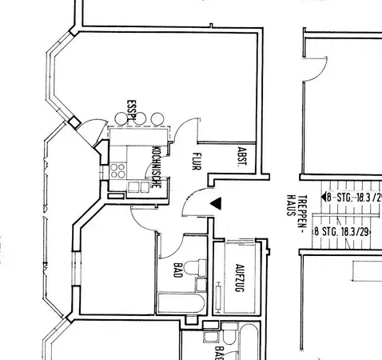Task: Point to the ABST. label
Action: [x=241, y=156]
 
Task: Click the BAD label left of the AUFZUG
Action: [x=177, y=270]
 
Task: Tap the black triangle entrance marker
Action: [x=214, y=206]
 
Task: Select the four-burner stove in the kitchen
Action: [x=117, y=170]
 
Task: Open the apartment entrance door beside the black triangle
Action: [x=194, y=205]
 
